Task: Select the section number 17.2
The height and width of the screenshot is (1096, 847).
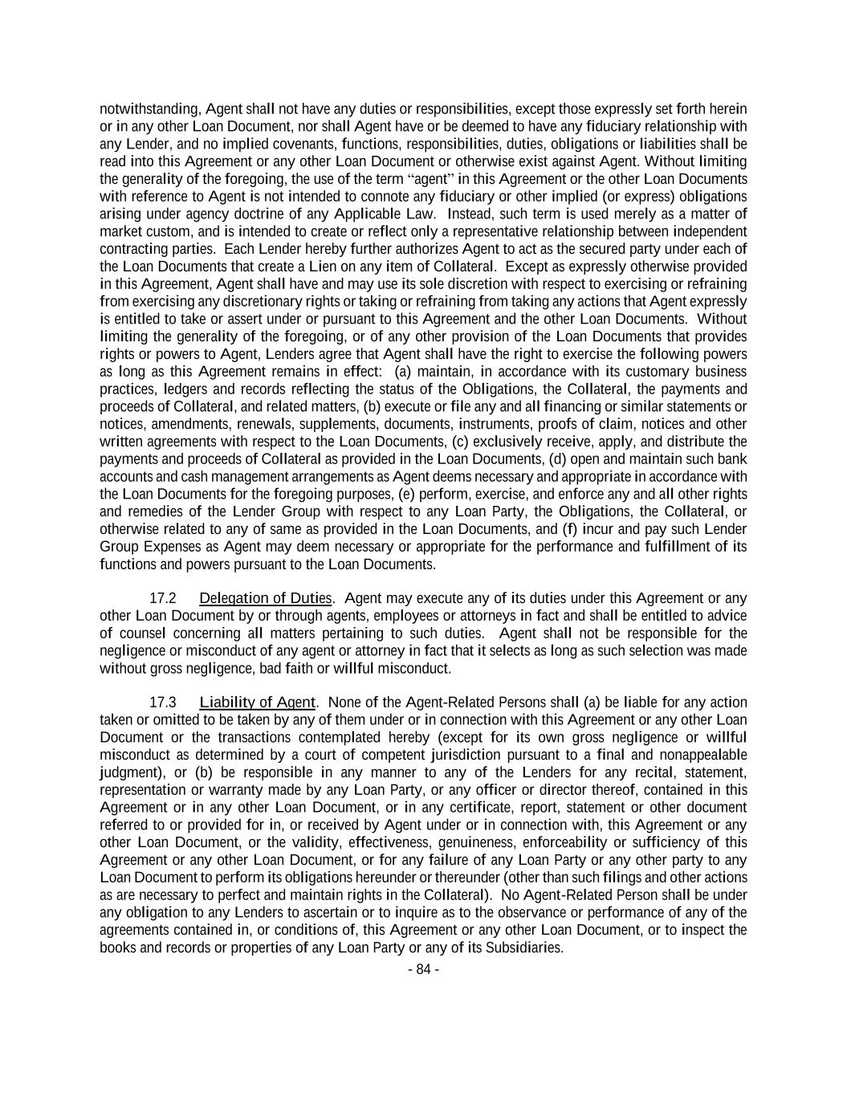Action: tap(163, 598)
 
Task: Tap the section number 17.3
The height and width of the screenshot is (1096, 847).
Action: tap(163, 703)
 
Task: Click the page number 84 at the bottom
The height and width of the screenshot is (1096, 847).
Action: tap(423, 969)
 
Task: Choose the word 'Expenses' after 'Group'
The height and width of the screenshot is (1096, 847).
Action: tap(170, 547)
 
